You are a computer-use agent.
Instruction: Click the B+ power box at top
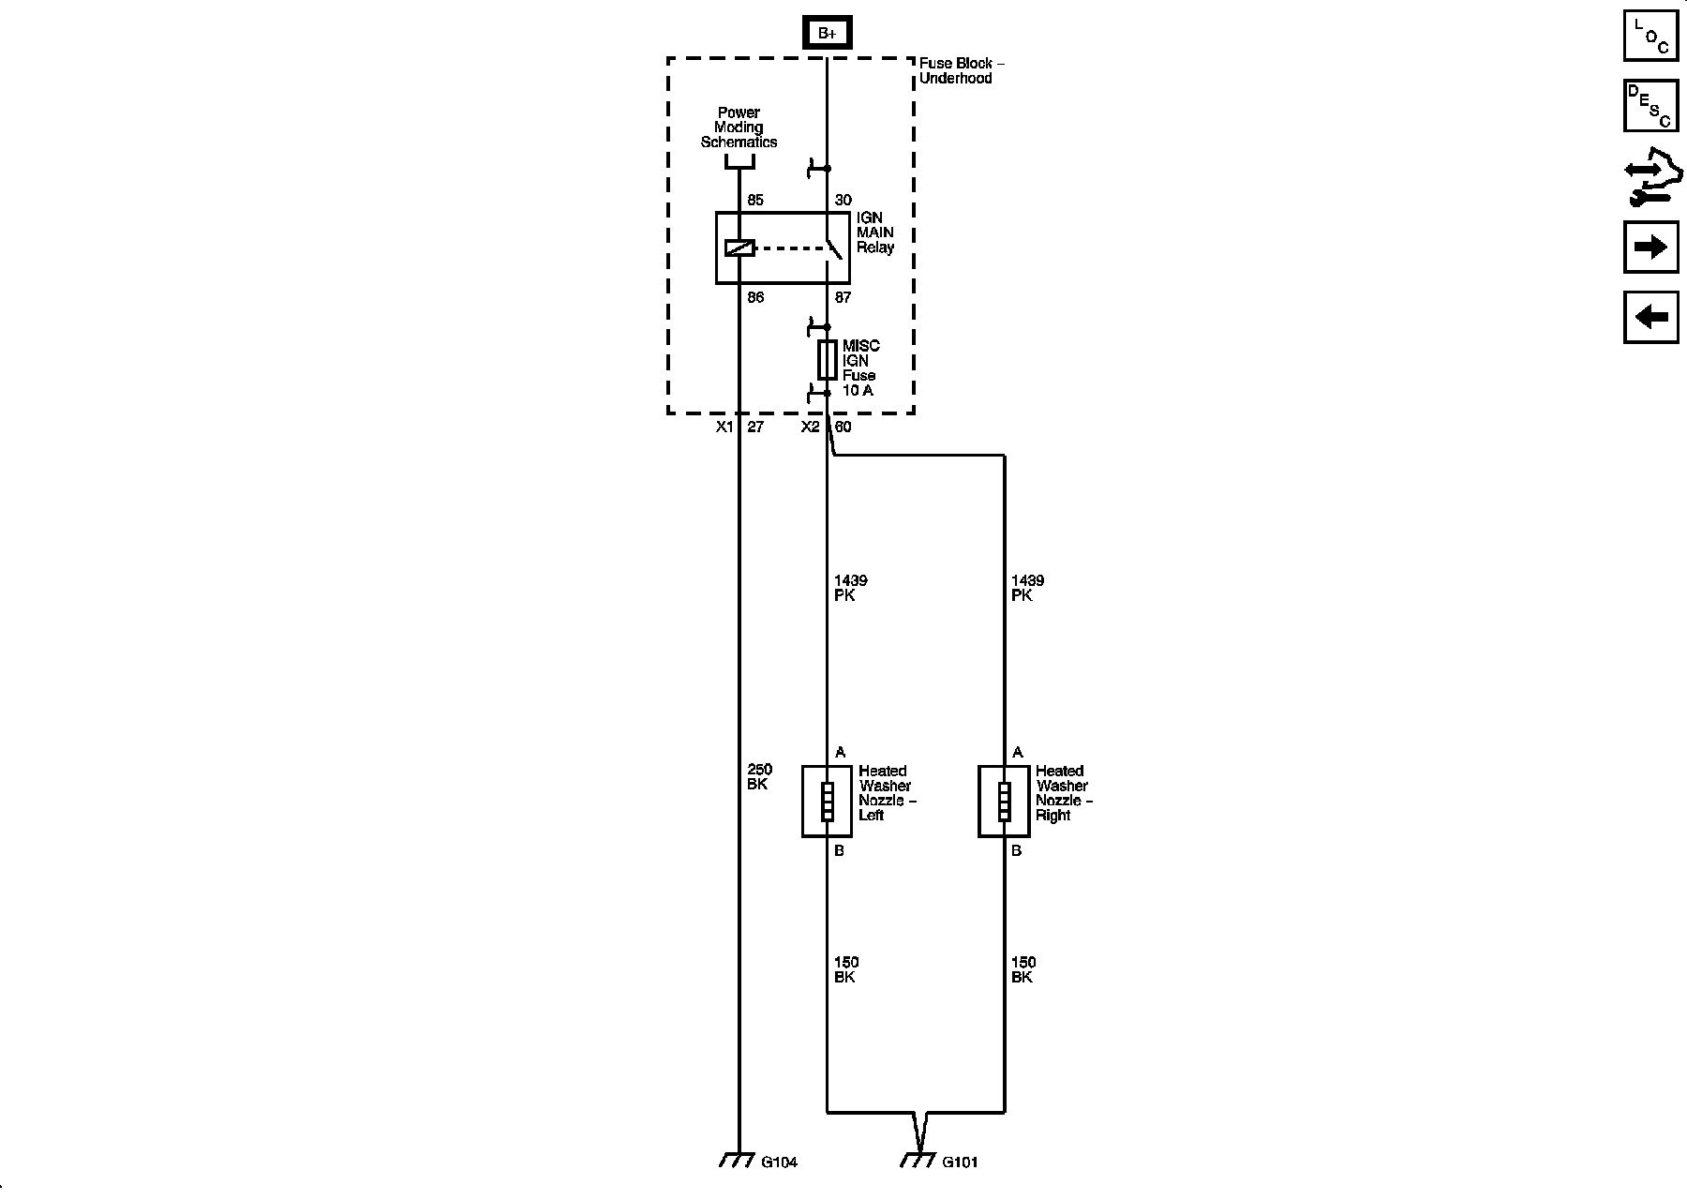coord(827,34)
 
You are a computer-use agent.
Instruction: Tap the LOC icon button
coord(1650,36)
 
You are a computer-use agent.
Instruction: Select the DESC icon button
coord(1650,106)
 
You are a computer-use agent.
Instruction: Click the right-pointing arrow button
coord(1650,247)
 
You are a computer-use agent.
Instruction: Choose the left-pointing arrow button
coord(1650,317)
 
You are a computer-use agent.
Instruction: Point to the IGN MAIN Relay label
coord(874,232)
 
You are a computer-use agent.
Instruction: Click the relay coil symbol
coord(739,248)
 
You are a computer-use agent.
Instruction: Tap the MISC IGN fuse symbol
coord(827,359)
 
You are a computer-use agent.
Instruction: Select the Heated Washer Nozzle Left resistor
coord(827,801)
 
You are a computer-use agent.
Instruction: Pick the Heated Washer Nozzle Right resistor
coord(1004,801)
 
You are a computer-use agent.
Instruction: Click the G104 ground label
coord(779,1162)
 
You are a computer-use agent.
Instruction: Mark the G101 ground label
coord(960,1162)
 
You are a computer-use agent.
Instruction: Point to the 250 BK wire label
coord(759,777)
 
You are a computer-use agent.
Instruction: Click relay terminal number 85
coord(755,200)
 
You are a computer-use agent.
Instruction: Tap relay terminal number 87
coord(843,297)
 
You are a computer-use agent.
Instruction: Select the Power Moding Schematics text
coord(739,127)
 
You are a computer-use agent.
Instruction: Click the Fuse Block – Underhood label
coord(961,70)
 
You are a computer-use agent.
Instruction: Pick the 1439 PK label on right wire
coord(1026,588)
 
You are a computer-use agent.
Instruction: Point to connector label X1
coord(724,427)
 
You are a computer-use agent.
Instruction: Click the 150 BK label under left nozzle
coord(845,969)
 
